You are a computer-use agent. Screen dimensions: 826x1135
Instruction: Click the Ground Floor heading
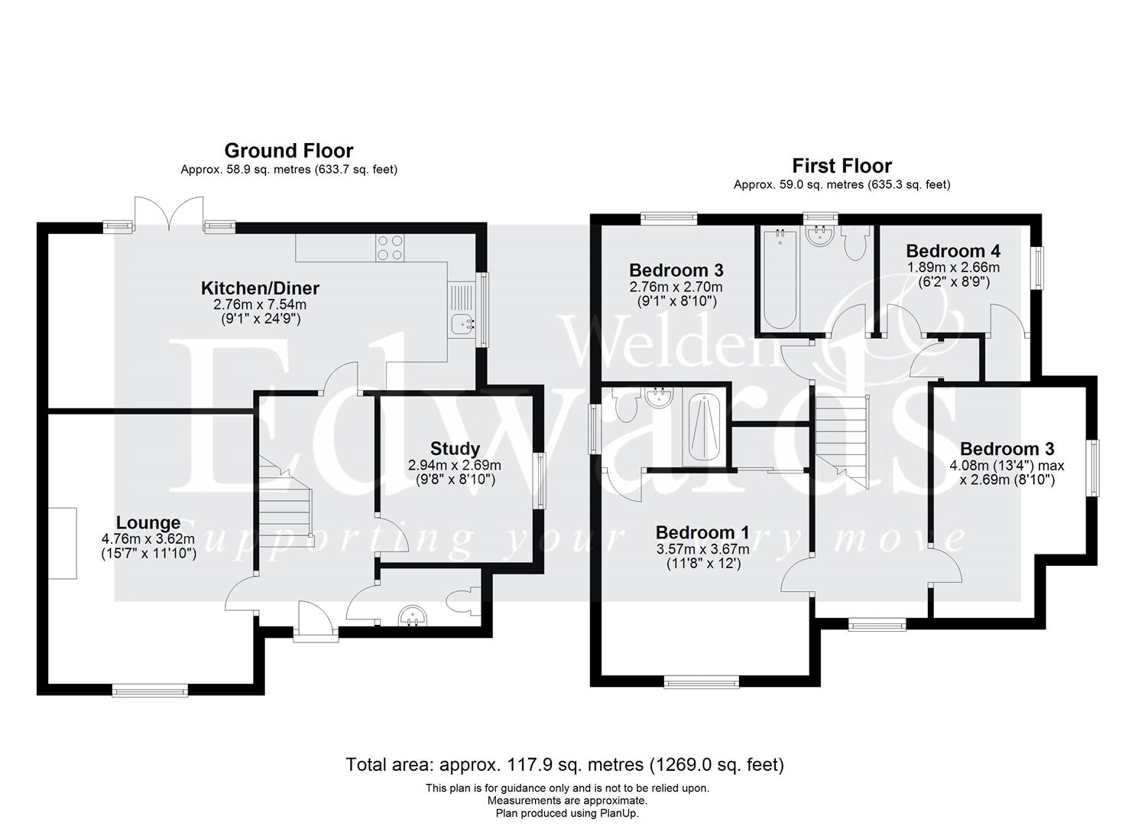(x=288, y=150)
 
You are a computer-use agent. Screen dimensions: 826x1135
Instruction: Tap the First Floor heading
(x=842, y=165)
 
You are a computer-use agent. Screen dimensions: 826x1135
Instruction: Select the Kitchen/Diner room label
(x=260, y=288)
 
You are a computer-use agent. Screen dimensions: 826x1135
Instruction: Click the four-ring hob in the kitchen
(x=390, y=247)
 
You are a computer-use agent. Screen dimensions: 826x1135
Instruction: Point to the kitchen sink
(x=461, y=324)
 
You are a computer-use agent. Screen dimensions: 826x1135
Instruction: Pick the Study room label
(x=455, y=449)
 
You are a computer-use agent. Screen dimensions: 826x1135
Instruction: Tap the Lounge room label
(x=148, y=522)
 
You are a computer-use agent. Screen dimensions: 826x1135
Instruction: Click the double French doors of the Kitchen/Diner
(x=170, y=212)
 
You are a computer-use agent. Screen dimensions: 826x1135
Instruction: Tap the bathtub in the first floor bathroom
(x=780, y=282)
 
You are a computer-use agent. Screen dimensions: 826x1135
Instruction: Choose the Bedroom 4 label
(x=952, y=251)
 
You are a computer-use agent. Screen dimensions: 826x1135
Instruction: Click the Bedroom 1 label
(x=702, y=532)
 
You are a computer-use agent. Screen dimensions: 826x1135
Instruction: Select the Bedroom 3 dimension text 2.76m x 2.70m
(x=676, y=287)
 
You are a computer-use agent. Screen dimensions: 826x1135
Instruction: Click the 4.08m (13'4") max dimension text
(x=1011, y=465)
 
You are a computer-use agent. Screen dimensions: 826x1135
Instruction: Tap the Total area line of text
(x=564, y=764)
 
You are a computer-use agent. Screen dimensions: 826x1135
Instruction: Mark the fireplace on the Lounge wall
(x=64, y=543)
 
